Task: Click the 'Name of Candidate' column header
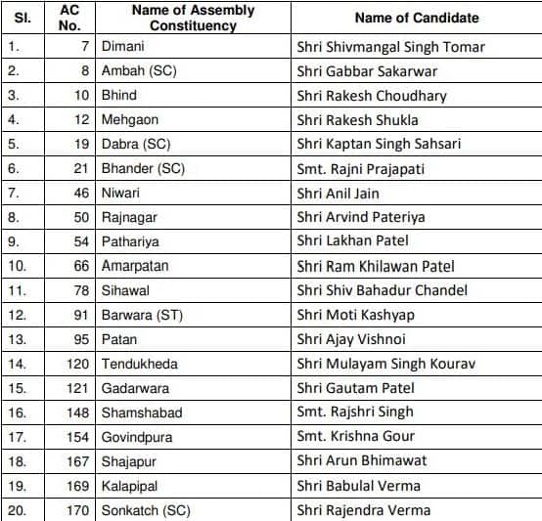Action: point(416,18)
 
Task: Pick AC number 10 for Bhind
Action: point(81,96)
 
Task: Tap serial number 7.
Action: point(13,193)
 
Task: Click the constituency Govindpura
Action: point(136,436)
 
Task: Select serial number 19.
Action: point(16,485)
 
